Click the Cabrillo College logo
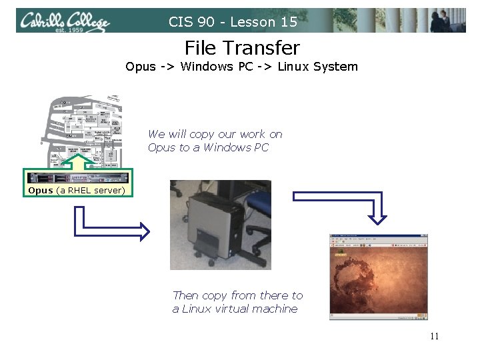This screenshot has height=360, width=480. coord(64,22)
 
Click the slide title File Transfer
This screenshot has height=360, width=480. coord(242,48)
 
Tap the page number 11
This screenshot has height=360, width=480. coord(434,336)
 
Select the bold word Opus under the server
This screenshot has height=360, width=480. coord(41,191)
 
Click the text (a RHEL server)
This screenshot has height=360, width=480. coord(90,191)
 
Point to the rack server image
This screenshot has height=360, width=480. coord(77,177)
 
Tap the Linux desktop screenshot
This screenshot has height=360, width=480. coord(378,277)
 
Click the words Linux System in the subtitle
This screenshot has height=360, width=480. coord(318,67)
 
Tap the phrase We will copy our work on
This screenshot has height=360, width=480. coord(215,134)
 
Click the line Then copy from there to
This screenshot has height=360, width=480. coord(237,295)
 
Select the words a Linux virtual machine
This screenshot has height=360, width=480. coord(235,309)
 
